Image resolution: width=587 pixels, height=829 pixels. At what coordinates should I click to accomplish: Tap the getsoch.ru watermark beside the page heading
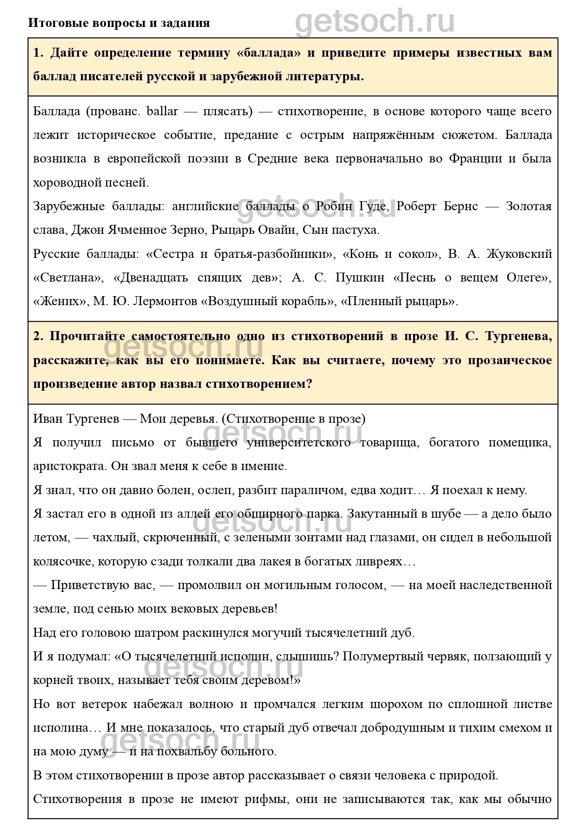pyautogui.click(x=375, y=21)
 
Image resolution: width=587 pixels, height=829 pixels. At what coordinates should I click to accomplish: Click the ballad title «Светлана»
pyautogui.click(x=68, y=278)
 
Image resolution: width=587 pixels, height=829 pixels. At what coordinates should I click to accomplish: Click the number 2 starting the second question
pyautogui.click(x=37, y=336)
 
